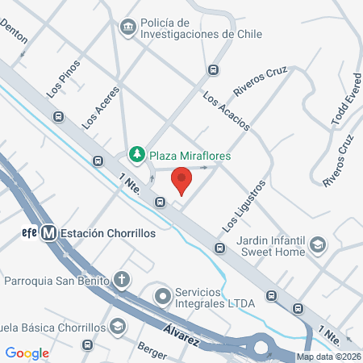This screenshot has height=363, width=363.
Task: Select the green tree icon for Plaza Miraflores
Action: [138, 153]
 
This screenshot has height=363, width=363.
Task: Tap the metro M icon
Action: [49, 233]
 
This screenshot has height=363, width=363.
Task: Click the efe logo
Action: [29, 233]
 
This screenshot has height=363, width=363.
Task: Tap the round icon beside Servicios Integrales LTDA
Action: [163, 296]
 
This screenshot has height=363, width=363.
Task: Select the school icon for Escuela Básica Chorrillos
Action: [119, 327]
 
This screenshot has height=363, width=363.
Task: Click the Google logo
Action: [27, 353]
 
